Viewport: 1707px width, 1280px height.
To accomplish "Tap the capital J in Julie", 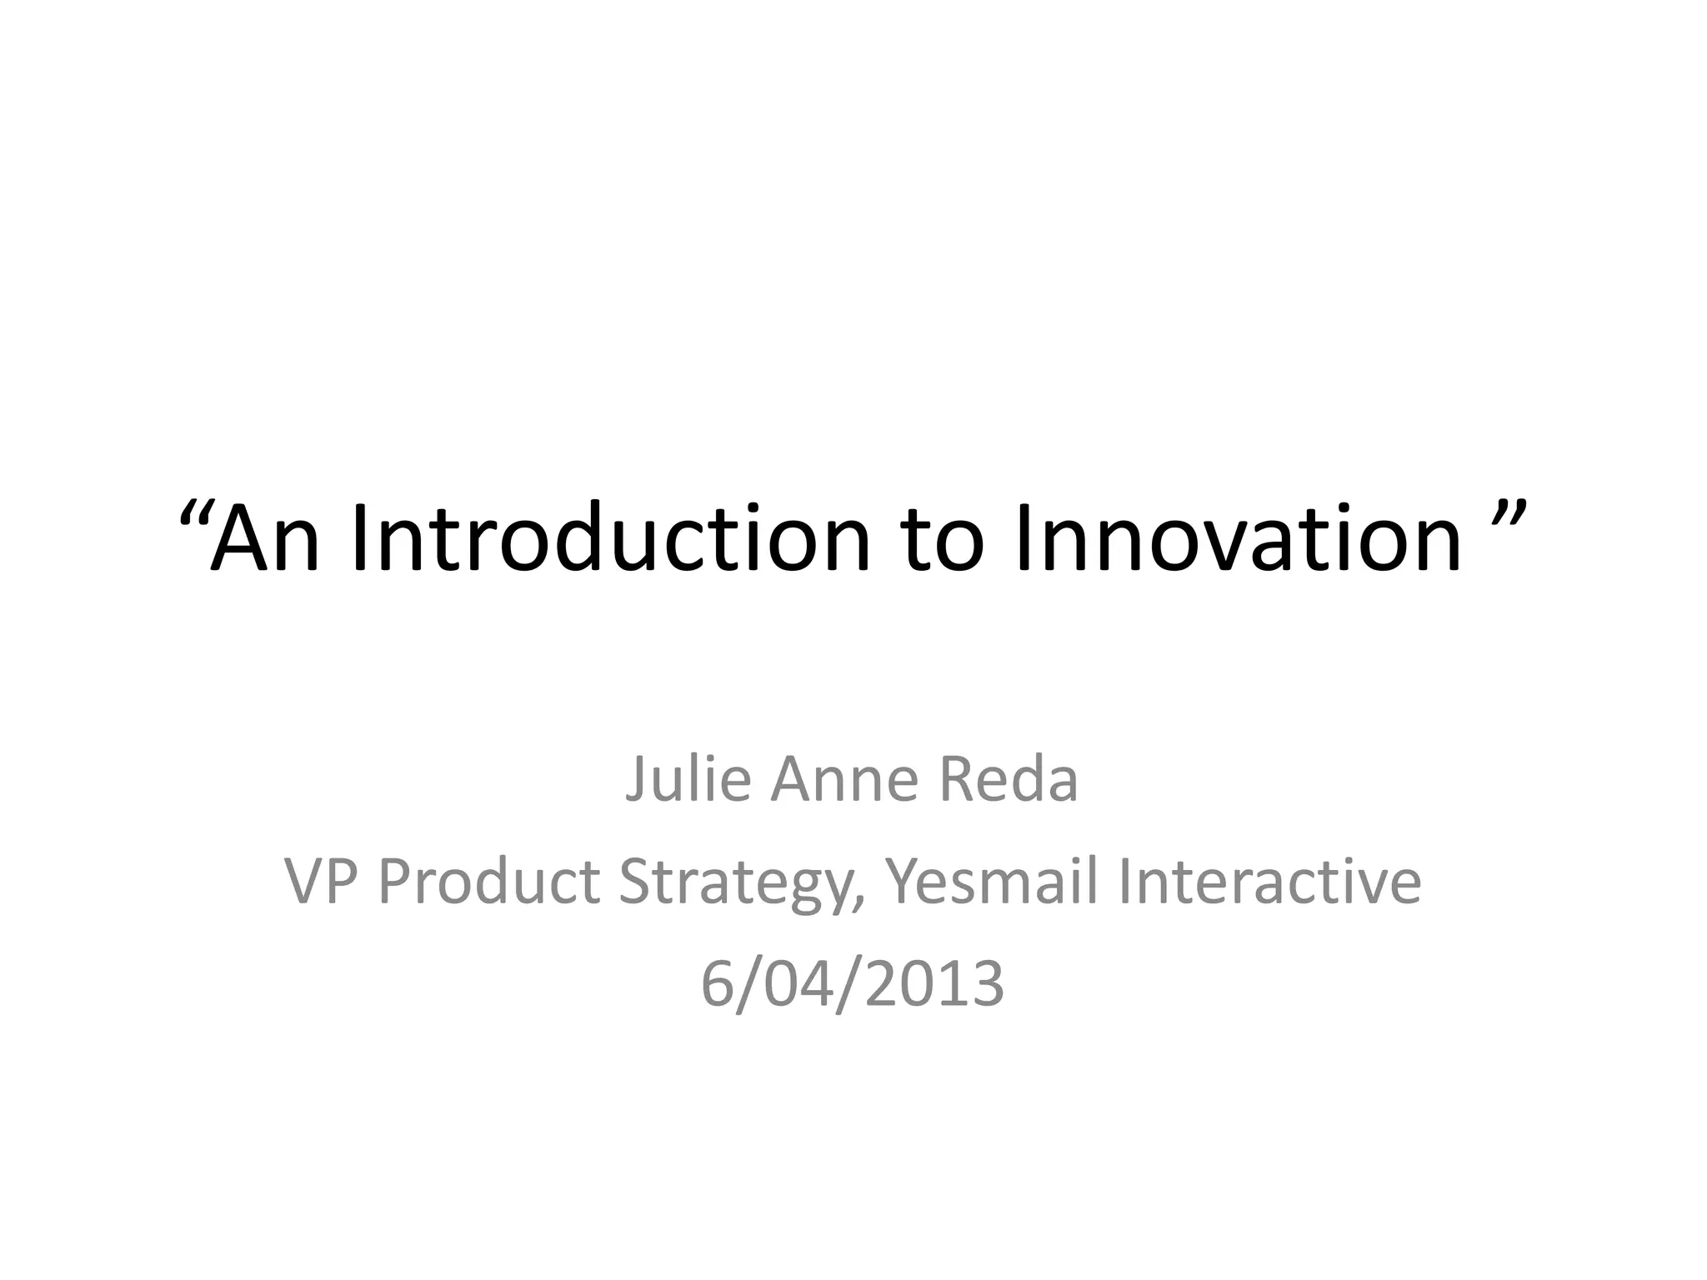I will [x=636, y=779].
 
